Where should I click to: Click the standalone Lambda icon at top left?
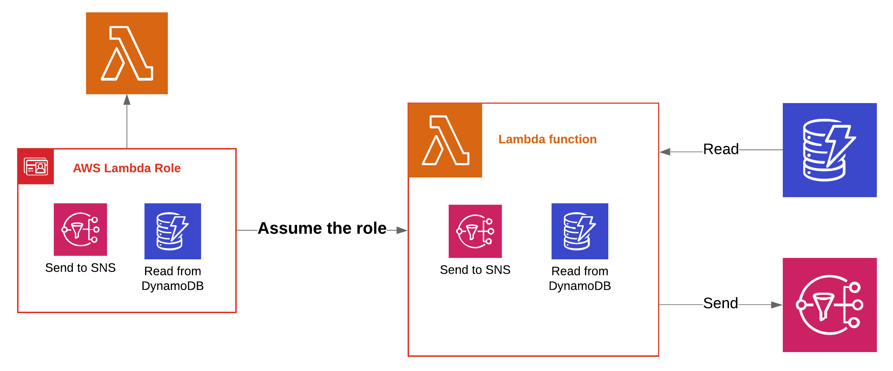[x=127, y=53]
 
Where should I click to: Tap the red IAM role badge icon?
[x=36, y=167]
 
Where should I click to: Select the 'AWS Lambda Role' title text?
[x=127, y=168]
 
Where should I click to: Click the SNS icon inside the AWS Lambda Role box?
[x=80, y=230]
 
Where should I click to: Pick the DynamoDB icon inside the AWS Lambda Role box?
[x=173, y=231]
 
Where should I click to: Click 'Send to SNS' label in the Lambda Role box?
[x=80, y=268]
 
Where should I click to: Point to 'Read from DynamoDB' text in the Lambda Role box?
[x=173, y=278]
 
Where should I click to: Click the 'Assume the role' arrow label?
[x=322, y=228]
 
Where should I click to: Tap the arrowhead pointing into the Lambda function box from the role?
[x=402, y=230]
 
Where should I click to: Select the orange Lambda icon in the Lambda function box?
[x=445, y=140]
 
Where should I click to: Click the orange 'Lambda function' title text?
[x=548, y=139]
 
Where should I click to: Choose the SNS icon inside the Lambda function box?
[x=475, y=231]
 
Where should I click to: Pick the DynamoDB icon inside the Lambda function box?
[x=580, y=231]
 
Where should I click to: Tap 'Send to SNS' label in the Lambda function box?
[x=475, y=270]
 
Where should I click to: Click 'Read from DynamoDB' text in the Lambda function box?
[x=580, y=278]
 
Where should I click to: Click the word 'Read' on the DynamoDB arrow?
[x=721, y=149]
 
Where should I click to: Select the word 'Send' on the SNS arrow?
[x=721, y=303]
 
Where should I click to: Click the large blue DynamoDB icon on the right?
[x=830, y=150]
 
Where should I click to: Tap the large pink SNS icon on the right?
[x=830, y=305]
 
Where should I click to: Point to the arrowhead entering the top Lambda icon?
[x=127, y=100]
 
